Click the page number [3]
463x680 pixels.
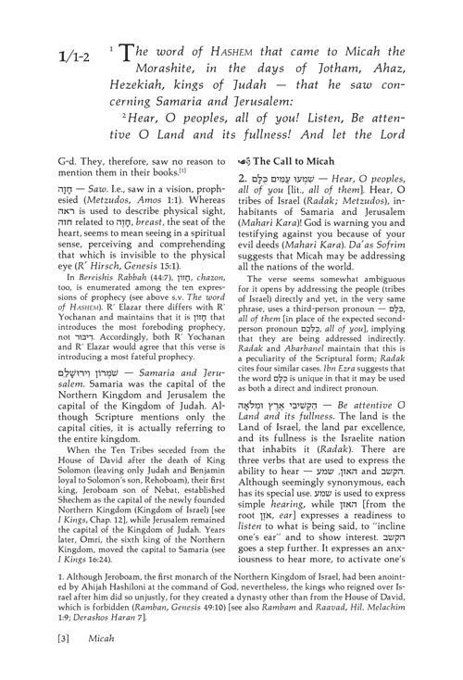[x=59, y=662]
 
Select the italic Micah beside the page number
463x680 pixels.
[x=94, y=662]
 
